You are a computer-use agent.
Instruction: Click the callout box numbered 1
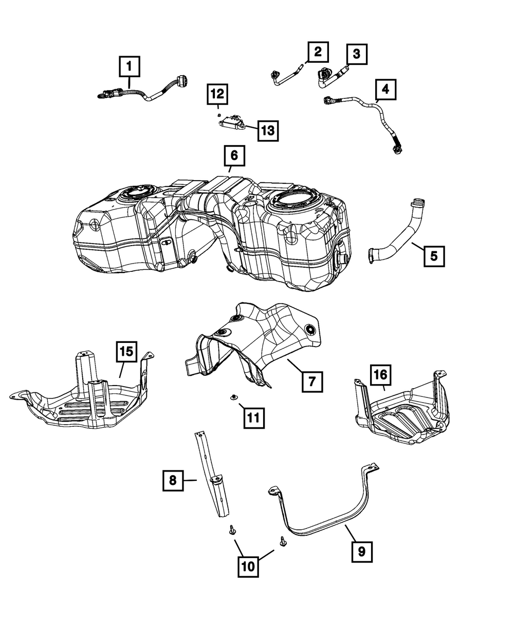pyautogui.click(x=130, y=66)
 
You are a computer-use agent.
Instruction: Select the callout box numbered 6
pyautogui.click(x=234, y=155)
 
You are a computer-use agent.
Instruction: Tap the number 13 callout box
pyautogui.click(x=267, y=131)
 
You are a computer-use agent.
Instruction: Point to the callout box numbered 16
pyautogui.click(x=380, y=376)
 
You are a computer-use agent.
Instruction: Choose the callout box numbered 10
pyautogui.click(x=248, y=566)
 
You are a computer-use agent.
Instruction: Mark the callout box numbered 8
pyautogui.click(x=173, y=480)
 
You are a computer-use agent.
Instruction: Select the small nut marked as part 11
pyautogui.click(x=234, y=396)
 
